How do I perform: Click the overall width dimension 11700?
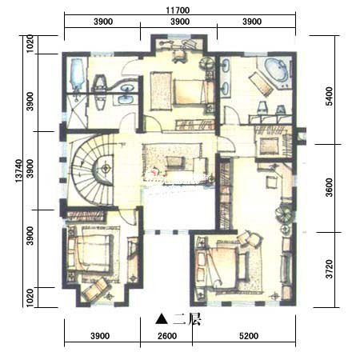(x=178, y=10)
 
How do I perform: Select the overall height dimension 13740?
(x=18, y=171)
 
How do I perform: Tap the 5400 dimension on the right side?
(x=330, y=96)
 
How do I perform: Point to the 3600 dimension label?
(x=330, y=188)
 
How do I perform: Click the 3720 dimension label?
(x=330, y=269)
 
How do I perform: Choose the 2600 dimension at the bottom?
(x=167, y=336)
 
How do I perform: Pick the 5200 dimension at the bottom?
(x=249, y=336)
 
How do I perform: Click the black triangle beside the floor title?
(x=162, y=319)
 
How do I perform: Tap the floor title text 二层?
(x=186, y=319)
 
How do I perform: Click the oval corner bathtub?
(x=277, y=70)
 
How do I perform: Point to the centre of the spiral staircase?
(x=106, y=169)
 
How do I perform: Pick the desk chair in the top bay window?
(x=179, y=57)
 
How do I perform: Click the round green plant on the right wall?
(x=284, y=214)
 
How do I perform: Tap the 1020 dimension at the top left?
(x=30, y=43)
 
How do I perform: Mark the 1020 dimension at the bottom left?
(x=30, y=298)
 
